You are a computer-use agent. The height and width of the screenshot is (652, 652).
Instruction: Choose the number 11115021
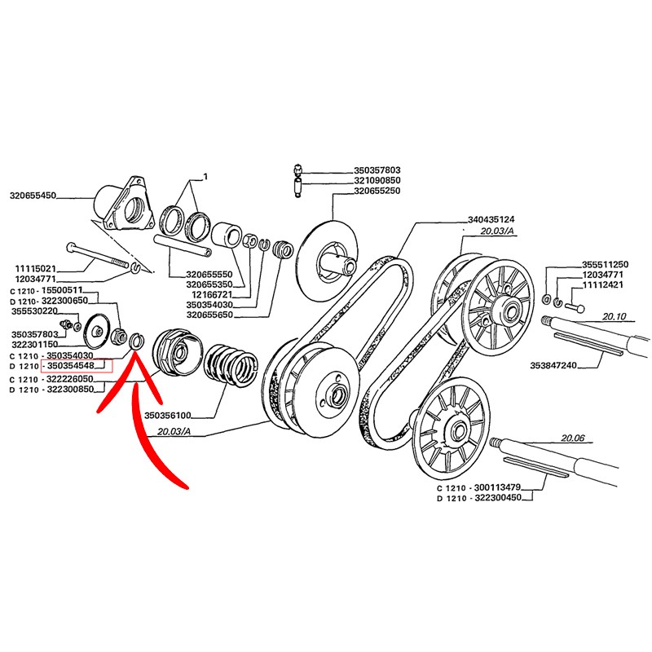click(33, 268)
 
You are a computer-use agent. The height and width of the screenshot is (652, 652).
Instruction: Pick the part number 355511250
click(606, 265)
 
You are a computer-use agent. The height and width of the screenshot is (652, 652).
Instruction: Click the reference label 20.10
click(613, 315)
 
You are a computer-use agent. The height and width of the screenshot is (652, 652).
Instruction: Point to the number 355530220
click(33, 311)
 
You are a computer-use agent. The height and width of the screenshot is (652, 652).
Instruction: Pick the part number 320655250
click(377, 191)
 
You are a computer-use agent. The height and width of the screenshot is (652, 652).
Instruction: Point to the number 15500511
click(60, 289)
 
